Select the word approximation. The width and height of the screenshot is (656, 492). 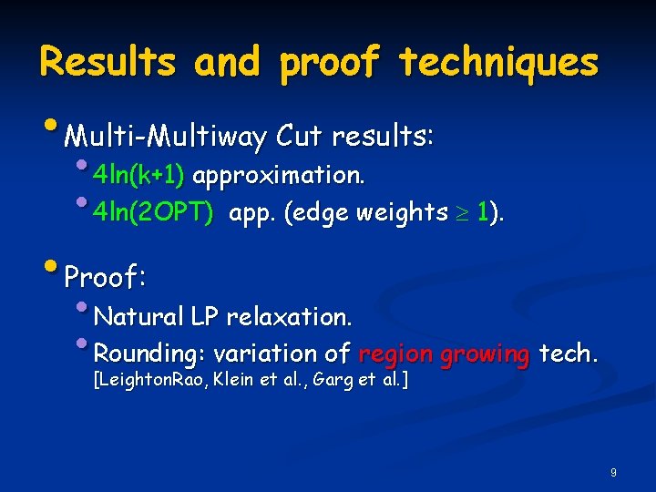click(x=280, y=175)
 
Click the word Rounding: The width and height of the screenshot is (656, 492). click(x=150, y=353)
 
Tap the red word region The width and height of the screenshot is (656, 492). click(x=396, y=354)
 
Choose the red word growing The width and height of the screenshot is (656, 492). click(x=485, y=354)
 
